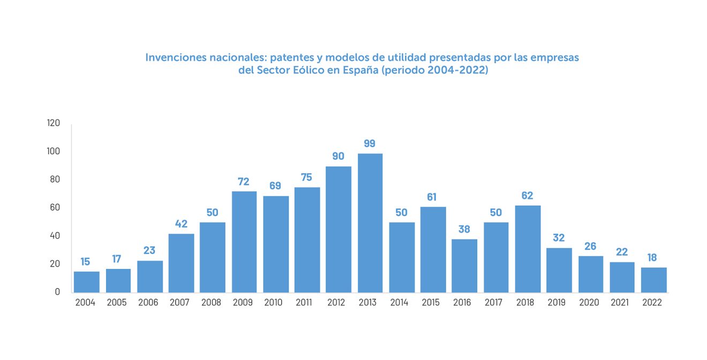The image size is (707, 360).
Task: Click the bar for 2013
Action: pos(370,223)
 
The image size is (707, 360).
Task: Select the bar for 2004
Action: pos(86,282)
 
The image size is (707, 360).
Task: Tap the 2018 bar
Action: pos(528,249)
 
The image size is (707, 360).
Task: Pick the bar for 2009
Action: pos(244,242)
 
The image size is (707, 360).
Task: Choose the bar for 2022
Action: pos(653,280)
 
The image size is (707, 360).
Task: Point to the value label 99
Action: pos(369,144)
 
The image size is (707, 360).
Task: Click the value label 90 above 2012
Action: pos(338,156)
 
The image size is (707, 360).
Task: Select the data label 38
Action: pos(464,229)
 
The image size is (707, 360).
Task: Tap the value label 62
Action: pos(527,196)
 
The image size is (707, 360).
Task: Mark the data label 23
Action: pos(149,250)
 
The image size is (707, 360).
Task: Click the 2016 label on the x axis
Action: pos(462,303)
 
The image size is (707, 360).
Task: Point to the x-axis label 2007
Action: pos(179,303)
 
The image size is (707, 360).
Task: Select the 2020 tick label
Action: pos(589,303)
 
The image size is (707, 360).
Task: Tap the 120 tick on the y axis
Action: pos(54,123)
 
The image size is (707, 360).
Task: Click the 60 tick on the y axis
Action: pos(55,207)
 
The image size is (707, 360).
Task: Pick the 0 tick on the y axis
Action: pos(58,292)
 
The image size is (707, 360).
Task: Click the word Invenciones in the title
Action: pos(174,57)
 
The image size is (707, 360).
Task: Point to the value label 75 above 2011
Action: pos(306,178)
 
